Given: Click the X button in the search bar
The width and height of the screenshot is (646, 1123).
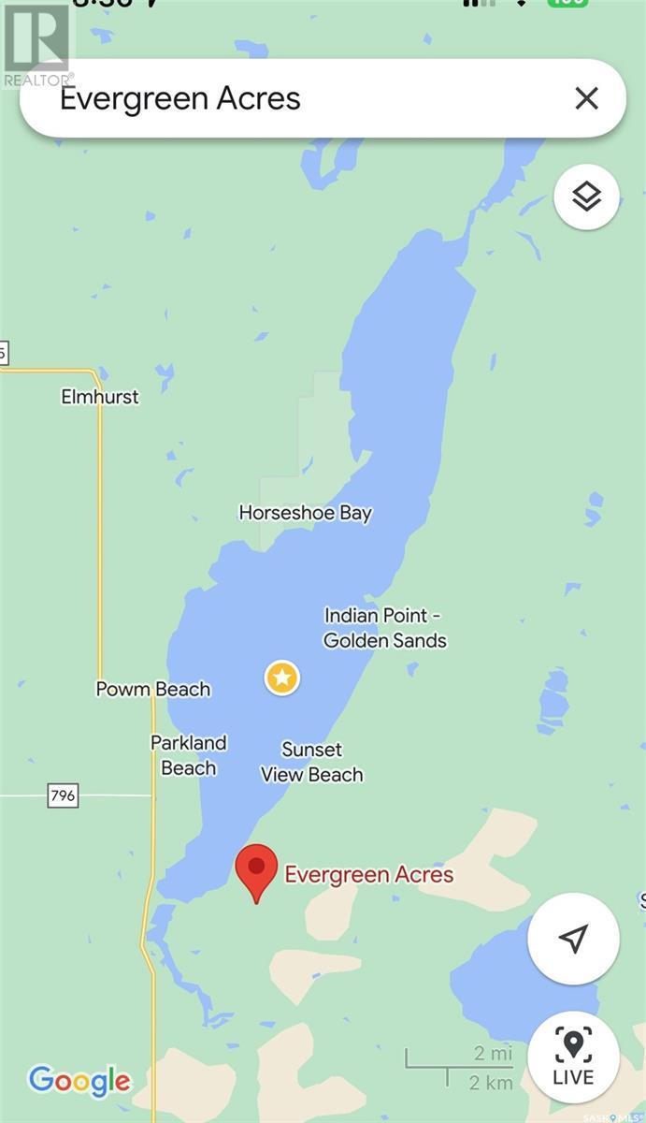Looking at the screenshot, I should point(586,98).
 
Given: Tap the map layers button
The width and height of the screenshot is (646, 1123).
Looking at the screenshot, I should point(586,197).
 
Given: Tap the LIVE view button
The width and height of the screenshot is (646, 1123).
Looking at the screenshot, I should point(573,1057).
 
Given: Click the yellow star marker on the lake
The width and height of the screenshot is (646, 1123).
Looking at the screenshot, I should point(282,678).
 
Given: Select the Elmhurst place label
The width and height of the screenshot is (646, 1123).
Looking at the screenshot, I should point(100,397).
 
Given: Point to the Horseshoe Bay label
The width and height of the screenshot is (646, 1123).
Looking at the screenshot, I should point(306,513).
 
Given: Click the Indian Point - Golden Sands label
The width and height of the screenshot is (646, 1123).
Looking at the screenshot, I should point(384,628).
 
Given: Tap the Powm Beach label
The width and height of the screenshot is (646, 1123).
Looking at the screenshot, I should point(153,690).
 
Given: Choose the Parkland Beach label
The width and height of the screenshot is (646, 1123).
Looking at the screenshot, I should point(189,755).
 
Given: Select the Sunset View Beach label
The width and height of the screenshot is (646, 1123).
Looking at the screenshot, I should point(312,762).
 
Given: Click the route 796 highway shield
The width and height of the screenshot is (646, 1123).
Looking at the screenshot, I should point(63,796).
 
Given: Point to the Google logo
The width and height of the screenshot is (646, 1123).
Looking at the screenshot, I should point(79,1082).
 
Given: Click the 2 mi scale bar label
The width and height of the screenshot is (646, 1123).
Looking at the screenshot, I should point(493,1053).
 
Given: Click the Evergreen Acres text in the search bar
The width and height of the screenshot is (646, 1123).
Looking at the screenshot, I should point(180,98).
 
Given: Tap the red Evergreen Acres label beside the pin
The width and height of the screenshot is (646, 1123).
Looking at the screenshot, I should point(369,875).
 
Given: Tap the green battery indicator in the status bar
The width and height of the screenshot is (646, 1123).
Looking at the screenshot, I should point(568,3).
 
